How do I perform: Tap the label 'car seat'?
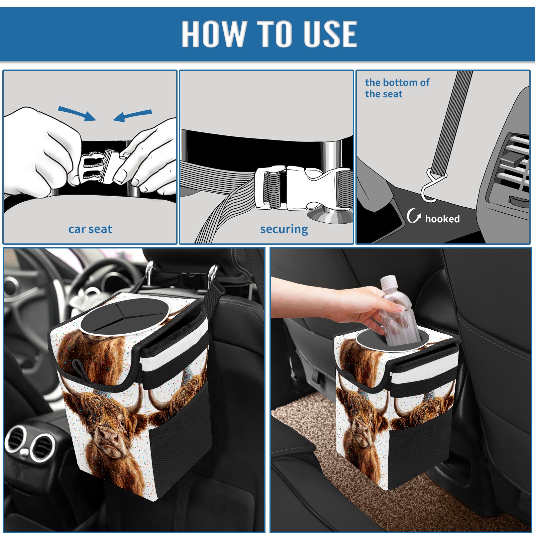pyautogui.click(x=90, y=229)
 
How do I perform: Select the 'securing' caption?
pyautogui.click(x=284, y=229)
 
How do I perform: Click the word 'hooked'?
pyautogui.click(x=442, y=219)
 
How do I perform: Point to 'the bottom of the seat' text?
pyautogui.click(x=397, y=88)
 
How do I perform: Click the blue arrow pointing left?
pyautogui.click(x=133, y=115)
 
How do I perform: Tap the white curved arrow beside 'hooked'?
pyautogui.click(x=414, y=216)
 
